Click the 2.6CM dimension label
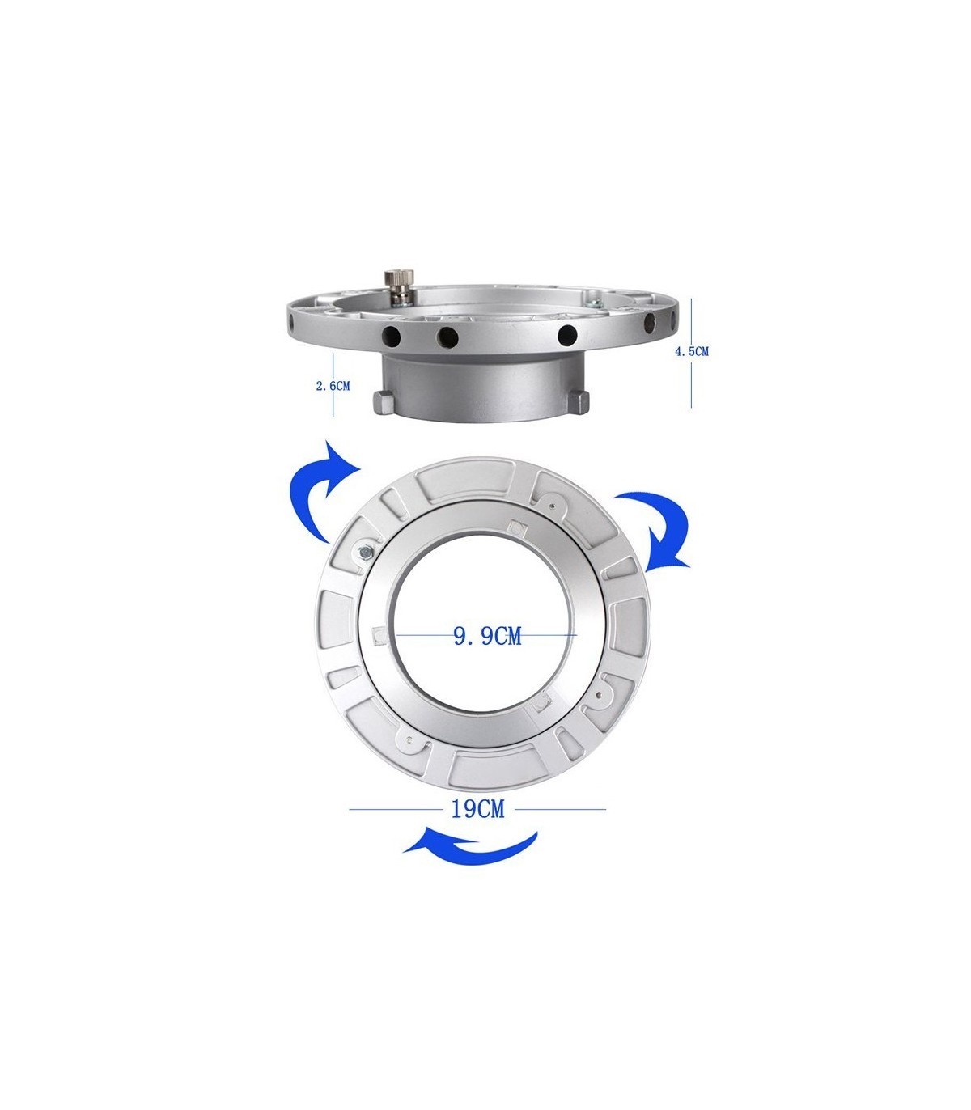coord(333,386)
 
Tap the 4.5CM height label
coord(691,352)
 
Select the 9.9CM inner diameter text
coord(487,636)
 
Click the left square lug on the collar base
coord(384,403)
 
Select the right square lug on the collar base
coord(579,403)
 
